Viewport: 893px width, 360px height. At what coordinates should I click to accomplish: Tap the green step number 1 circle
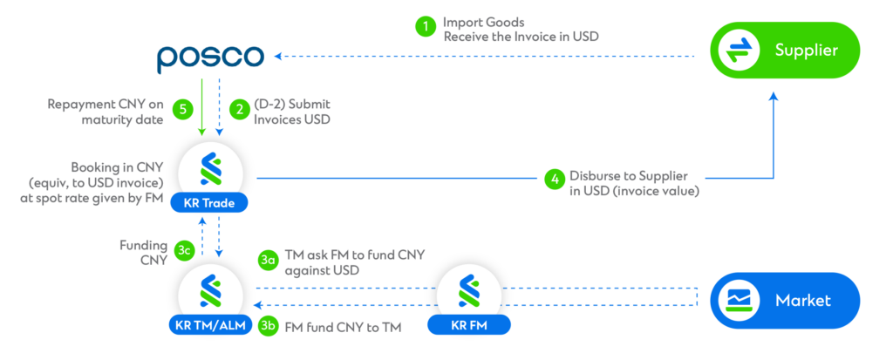pos(425,26)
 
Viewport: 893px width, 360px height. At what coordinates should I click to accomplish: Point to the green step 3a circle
pos(269,260)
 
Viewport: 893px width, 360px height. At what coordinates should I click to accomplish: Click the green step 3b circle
pos(269,325)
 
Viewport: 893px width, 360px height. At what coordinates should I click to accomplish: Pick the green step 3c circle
pos(183,251)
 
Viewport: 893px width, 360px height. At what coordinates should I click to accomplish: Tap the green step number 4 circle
pos(553,179)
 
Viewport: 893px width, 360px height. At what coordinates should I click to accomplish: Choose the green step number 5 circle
pos(182,110)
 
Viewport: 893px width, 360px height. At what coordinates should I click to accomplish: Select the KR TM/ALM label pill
pos(209,326)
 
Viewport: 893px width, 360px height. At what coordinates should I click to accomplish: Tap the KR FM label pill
pos(468,326)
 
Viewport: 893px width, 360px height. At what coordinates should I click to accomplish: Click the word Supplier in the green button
pos(806,51)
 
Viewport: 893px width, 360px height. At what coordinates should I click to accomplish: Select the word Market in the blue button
pos(802,301)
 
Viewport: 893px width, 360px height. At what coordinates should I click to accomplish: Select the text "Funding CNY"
pos(144,251)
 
